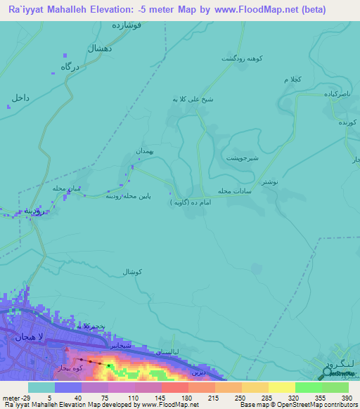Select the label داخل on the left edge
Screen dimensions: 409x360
(x=20, y=98)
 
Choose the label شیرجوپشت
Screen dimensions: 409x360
(x=242, y=158)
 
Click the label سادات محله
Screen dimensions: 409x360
(x=234, y=190)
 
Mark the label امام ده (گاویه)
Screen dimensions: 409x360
(x=190, y=202)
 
